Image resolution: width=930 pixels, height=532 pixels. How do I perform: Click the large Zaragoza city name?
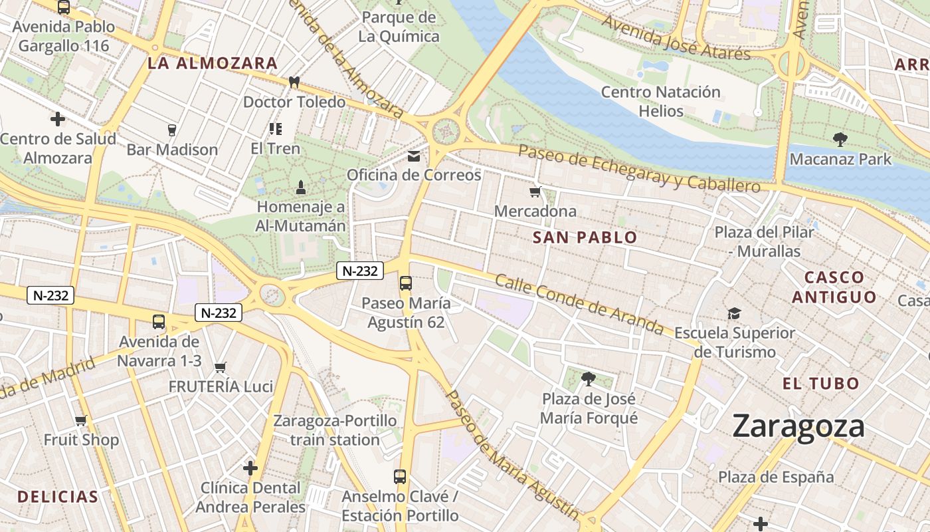[798, 427]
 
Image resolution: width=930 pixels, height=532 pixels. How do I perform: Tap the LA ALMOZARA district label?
[212, 64]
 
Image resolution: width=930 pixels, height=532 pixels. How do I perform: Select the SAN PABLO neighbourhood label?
[585, 237]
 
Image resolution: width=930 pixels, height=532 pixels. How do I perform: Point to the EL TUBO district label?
[820, 384]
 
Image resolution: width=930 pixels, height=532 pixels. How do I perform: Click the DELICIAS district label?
[58, 497]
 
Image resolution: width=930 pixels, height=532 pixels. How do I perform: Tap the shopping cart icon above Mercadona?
[535, 193]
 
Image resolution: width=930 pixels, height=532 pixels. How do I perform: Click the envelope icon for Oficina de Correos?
[414, 156]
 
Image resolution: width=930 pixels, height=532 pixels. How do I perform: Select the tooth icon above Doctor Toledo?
[294, 82]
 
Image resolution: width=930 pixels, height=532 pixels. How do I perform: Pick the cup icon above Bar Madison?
[172, 130]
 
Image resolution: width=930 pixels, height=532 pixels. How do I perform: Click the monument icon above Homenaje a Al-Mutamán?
[301, 188]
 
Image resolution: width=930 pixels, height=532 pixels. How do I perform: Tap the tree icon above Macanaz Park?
[840, 140]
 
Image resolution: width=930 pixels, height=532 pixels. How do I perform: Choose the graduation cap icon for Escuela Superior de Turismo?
[734, 313]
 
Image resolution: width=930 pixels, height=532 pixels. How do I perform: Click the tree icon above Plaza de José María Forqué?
[588, 379]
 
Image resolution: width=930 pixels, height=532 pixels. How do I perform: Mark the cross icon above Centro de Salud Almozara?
[58, 120]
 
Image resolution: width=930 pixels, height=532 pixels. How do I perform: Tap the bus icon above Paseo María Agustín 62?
[405, 283]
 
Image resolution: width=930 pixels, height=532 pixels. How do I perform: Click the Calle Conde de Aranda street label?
[579, 304]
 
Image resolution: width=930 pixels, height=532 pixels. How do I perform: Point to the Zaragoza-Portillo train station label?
[335, 430]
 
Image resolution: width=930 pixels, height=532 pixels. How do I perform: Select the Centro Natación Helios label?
[660, 101]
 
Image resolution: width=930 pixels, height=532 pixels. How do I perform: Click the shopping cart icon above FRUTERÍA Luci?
[221, 367]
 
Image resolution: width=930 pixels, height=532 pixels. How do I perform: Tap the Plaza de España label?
[775, 477]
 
